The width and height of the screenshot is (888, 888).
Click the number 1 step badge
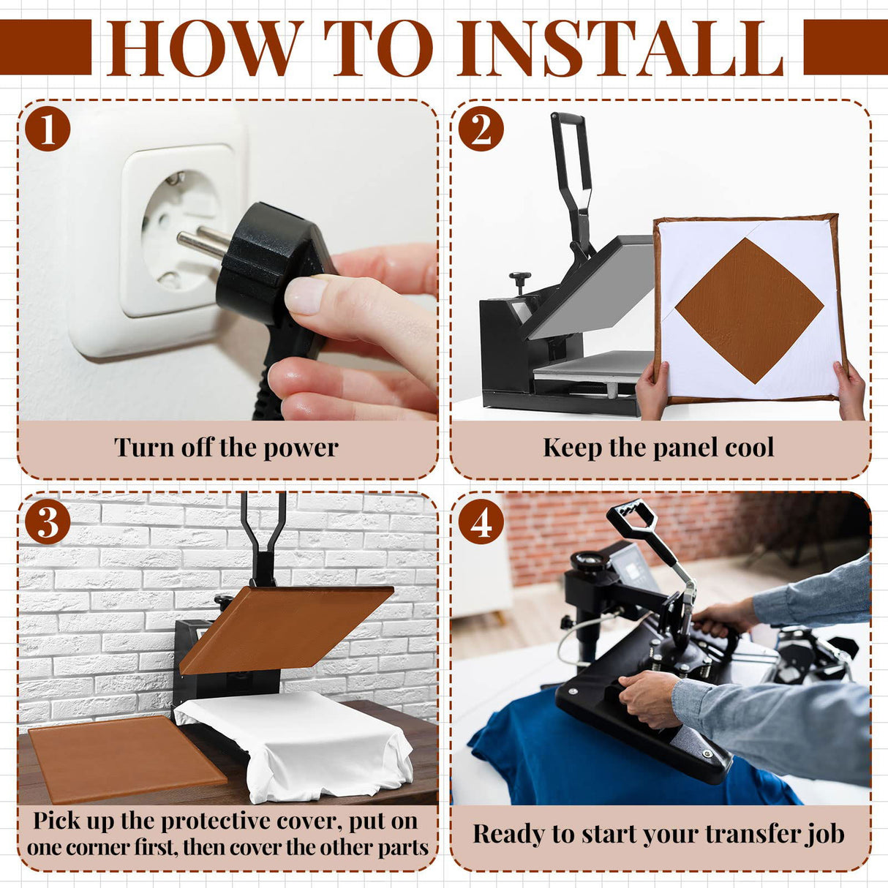[x=48, y=129]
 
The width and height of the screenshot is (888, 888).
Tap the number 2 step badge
[x=481, y=129]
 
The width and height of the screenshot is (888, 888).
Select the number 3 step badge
[x=48, y=522]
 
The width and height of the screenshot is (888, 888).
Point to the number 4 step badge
[x=481, y=522]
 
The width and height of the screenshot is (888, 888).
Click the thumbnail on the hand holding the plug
[x=306, y=295]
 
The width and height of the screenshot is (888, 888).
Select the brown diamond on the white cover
[x=749, y=311]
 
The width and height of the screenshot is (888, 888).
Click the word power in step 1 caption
[x=301, y=448]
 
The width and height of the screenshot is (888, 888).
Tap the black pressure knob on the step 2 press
[x=520, y=282]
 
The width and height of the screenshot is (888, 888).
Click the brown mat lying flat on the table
[x=127, y=758]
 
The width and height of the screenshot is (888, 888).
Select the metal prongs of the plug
[x=203, y=241]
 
